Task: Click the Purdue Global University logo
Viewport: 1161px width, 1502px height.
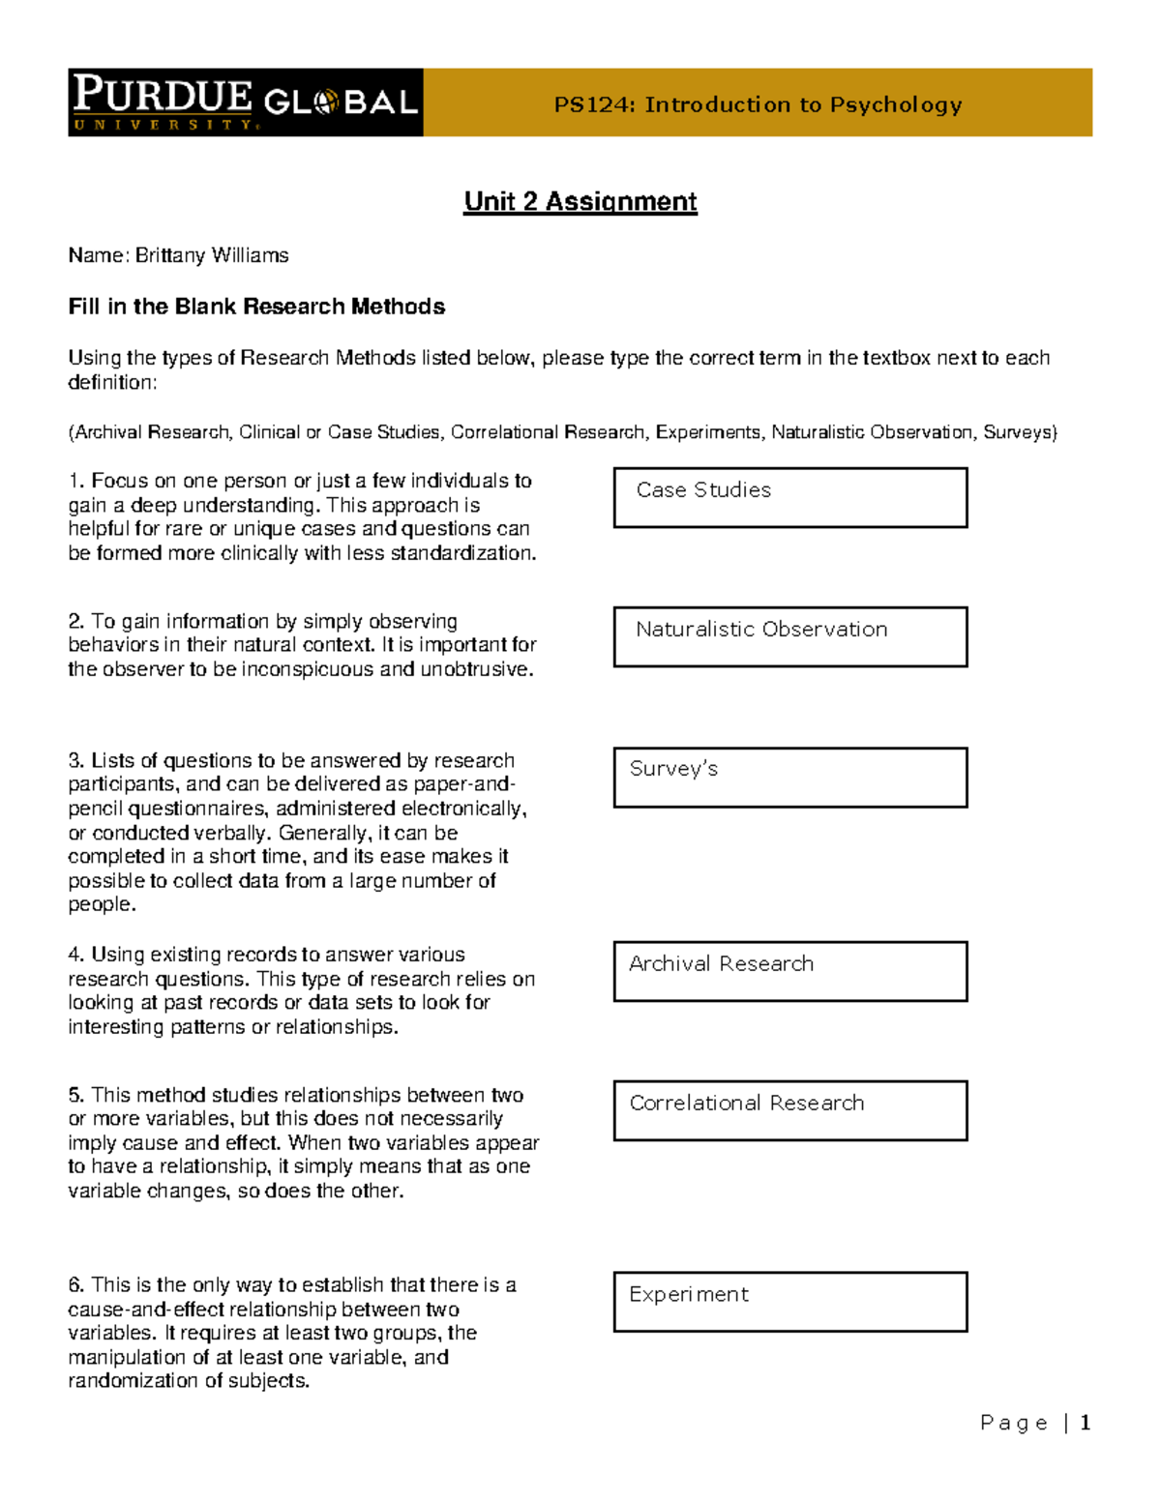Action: point(246,103)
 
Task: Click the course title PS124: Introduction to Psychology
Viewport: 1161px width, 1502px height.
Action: point(758,104)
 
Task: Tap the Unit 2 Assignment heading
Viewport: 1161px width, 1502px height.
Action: point(580,201)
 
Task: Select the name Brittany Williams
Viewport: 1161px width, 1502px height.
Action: point(212,255)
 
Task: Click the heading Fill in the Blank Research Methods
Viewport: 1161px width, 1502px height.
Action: point(256,307)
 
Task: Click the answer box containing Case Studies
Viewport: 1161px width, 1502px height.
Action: point(790,498)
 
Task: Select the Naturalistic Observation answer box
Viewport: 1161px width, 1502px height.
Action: point(790,636)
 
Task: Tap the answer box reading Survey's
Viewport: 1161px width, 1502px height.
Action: point(790,777)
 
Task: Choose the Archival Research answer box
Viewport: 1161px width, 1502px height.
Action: point(790,971)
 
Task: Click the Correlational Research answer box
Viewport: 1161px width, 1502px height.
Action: point(790,1110)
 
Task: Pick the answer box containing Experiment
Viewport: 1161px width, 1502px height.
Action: point(790,1302)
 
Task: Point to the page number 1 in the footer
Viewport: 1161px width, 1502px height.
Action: point(1086,1423)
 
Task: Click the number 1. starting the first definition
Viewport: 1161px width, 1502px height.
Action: point(76,482)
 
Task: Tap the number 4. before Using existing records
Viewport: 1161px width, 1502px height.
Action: point(76,955)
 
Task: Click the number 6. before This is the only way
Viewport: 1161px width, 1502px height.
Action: point(76,1285)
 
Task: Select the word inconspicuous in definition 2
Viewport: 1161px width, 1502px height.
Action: point(307,669)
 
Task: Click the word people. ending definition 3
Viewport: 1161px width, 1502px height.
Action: point(102,904)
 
